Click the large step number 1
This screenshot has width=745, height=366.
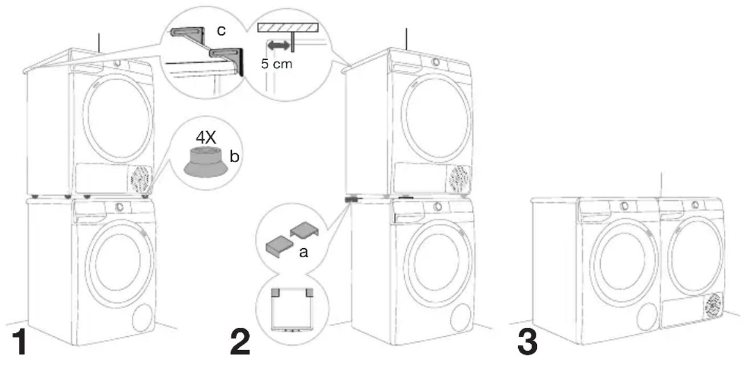[21, 341]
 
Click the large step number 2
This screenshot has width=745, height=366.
[240, 341]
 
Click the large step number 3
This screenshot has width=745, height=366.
[527, 341]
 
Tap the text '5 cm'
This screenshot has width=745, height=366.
[276, 64]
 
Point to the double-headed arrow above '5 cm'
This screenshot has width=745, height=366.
[279, 46]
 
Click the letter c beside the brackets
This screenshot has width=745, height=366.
[221, 31]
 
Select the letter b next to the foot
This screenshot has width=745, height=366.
[234, 156]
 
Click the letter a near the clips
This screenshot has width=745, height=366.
[303, 253]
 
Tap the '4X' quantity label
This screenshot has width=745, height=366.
[206, 137]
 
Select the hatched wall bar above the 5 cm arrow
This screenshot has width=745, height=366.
[288, 27]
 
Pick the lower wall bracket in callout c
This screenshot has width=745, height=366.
[228, 60]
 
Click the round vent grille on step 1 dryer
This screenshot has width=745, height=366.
[140, 180]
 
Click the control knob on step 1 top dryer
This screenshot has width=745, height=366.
[117, 63]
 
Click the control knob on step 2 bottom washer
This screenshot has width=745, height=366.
[438, 206]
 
